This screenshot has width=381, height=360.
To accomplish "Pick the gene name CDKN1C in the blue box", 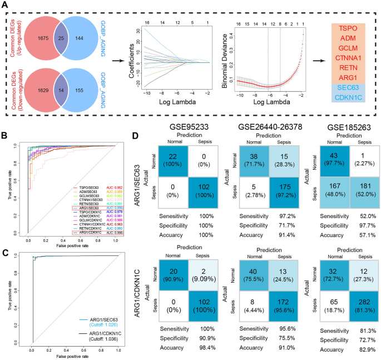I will click(348, 98).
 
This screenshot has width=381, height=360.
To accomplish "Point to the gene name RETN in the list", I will click(348, 67).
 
